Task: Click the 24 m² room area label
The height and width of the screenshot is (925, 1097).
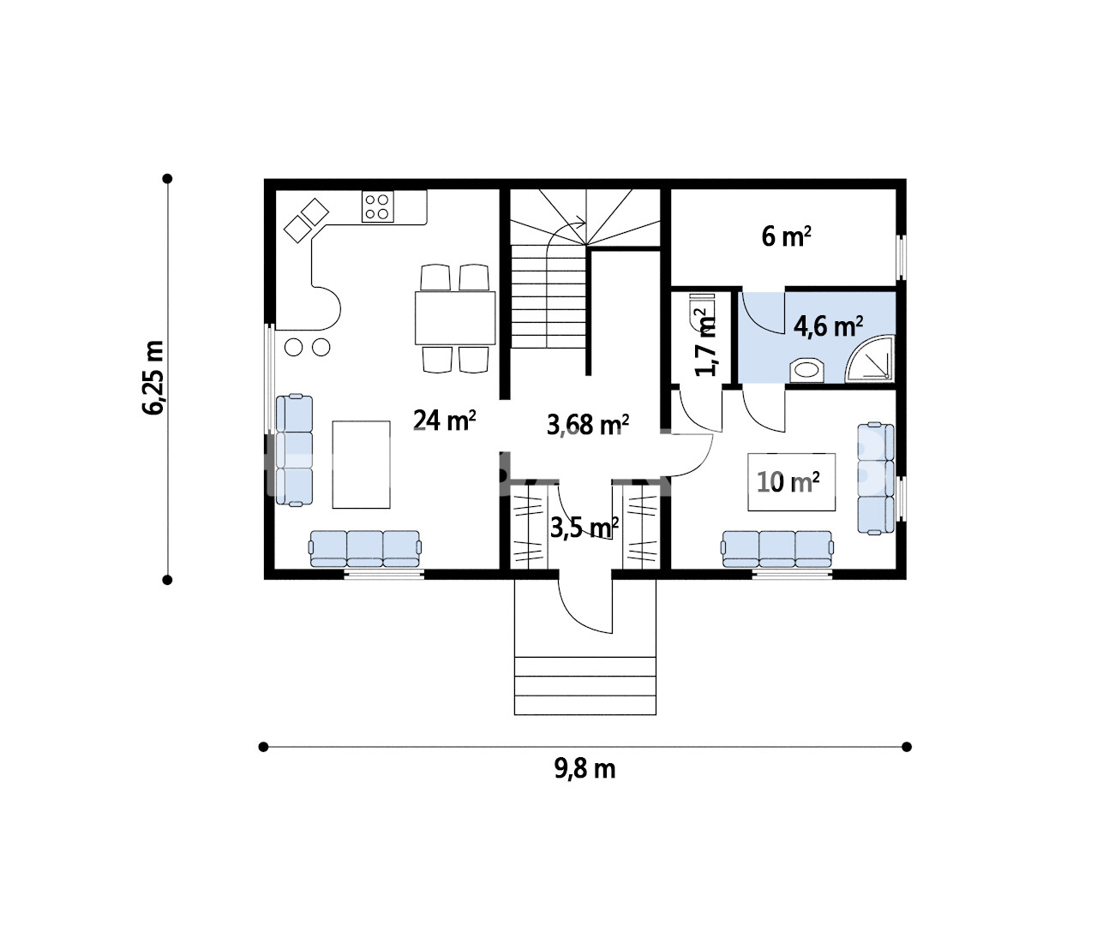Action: [445, 421]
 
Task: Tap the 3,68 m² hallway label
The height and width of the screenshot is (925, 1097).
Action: [588, 424]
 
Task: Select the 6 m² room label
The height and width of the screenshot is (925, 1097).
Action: [786, 236]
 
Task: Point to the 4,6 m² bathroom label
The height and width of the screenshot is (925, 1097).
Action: [828, 326]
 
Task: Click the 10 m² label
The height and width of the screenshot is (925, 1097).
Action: [788, 482]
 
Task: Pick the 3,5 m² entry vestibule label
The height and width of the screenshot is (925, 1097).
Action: [584, 528]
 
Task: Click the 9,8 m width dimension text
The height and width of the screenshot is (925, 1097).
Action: [584, 770]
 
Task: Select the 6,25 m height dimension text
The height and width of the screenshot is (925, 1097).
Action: [153, 378]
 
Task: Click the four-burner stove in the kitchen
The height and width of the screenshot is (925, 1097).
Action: [377, 206]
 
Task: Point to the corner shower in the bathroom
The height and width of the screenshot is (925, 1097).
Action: [870, 359]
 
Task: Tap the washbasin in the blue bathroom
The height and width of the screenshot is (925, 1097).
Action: [807, 370]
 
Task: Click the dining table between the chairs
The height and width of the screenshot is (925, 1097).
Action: [455, 318]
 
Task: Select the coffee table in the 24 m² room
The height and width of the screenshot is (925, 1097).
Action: [361, 464]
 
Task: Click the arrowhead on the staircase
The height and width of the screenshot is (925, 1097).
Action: [582, 223]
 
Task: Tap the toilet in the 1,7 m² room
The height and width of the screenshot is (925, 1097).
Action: [702, 310]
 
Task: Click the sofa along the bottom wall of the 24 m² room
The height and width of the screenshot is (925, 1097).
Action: [365, 549]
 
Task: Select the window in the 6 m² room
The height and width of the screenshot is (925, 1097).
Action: [901, 258]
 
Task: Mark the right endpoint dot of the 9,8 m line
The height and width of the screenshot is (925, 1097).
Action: [906, 747]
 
